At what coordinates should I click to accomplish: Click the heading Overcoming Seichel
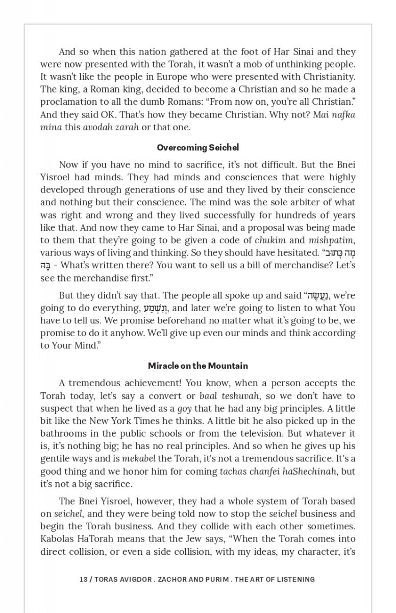coord(197,148)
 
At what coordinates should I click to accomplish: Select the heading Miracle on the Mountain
coord(197,366)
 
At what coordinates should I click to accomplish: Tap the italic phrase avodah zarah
coord(111,127)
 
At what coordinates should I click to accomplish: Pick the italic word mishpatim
coord(332,240)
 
